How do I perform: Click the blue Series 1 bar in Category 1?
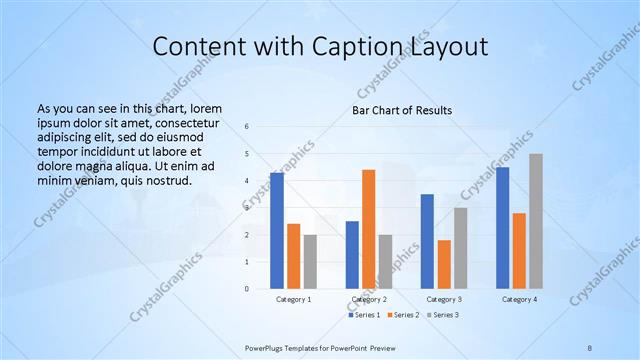(x=276, y=230)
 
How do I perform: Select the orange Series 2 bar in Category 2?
(x=368, y=229)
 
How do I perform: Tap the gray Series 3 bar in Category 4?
(x=536, y=221)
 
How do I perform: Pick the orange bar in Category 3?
(x=444, y=264)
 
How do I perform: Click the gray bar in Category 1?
(x=310, y=261)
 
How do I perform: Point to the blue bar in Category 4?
(x=502, y=228)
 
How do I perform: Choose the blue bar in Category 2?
(x=352, y=255)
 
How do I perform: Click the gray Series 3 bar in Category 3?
(x=460, y=248)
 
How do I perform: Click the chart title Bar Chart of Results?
(x=402, y=110)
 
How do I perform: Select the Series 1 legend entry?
(x=364, y=315)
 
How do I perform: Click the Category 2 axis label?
(x=368, y=299)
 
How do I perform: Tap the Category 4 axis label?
(x=519, y=299)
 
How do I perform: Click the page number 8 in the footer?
(x=590, y=346)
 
